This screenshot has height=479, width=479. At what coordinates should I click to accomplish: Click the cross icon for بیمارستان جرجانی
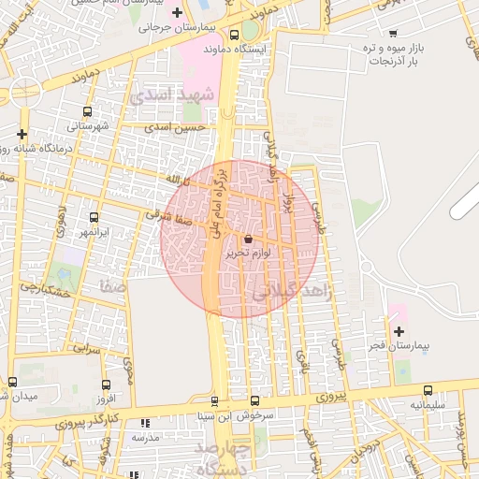click(176, 12)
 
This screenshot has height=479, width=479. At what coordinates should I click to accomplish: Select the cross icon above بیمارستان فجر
click(399, 331)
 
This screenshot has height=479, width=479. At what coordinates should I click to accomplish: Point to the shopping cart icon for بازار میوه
click(392, 32)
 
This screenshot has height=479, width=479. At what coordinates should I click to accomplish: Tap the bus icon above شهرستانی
click(87, 111)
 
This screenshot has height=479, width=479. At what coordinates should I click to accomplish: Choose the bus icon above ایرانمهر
click(94, 217)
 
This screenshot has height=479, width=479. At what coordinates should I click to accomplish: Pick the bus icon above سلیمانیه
click(428, 390)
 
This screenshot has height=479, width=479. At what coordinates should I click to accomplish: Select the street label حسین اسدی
click(181, 126)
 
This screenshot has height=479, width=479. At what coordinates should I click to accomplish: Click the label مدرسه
click(147, 437)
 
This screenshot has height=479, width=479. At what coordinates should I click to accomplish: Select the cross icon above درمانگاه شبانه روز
click(22, 134)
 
